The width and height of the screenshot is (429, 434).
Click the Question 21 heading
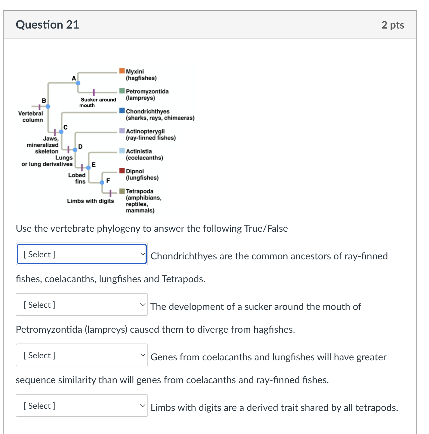point(47,25)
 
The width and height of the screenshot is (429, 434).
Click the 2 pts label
point(393,25)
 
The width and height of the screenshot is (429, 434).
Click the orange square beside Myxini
point(122,71)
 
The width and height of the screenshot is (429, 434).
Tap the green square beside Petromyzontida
point(122,91)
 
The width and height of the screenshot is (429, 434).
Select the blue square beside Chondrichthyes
point(122,111)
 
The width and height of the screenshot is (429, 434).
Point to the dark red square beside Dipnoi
point(122,171)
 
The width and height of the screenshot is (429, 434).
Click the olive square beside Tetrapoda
point(122,191)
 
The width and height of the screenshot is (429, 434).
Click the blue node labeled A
point(78,83)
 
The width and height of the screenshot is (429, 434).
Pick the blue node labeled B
point(48,106)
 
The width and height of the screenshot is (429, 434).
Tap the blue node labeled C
point(61,132)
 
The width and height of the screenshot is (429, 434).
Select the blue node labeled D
point(75,150)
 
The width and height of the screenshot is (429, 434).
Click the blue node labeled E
point(88,167)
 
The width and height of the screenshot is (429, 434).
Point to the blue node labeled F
point(102,182)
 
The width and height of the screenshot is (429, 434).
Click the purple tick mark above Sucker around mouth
point(94,92)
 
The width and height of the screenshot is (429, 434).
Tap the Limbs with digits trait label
point(90,201)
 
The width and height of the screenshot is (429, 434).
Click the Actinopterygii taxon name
point(145,131)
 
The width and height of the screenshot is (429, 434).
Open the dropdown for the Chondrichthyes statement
point(82,254)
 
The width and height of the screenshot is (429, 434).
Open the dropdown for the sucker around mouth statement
point(82,305)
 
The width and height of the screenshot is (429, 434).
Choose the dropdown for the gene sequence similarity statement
point(82,355)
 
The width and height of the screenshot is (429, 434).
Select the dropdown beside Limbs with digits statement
point(82,406)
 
